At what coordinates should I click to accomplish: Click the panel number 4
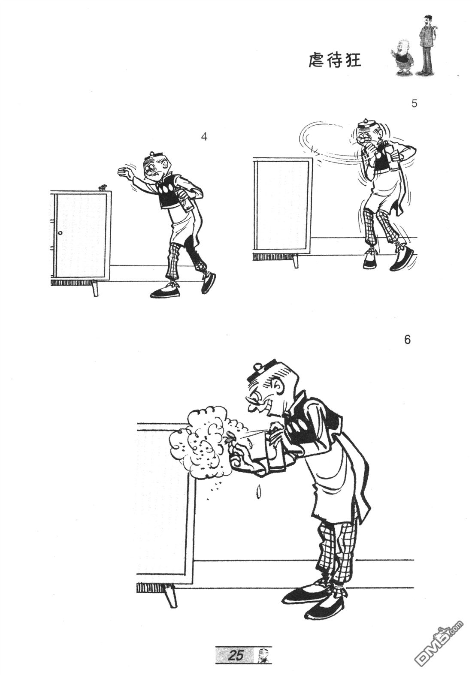(x=204, y=137)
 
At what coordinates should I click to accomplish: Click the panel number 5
(x=414, y=104)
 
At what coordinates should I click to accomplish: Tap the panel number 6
(x=407, y=340)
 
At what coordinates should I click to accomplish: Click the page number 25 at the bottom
(x=236, y=654)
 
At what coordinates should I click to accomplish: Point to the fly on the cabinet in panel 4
(x=102, y=187)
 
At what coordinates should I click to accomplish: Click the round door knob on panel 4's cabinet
(x=60, y=233)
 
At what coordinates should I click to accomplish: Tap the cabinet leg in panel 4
(x=95, y=288)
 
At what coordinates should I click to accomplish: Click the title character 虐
(x=317, y=61)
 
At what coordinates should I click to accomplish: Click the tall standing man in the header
(x=427, y=45)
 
